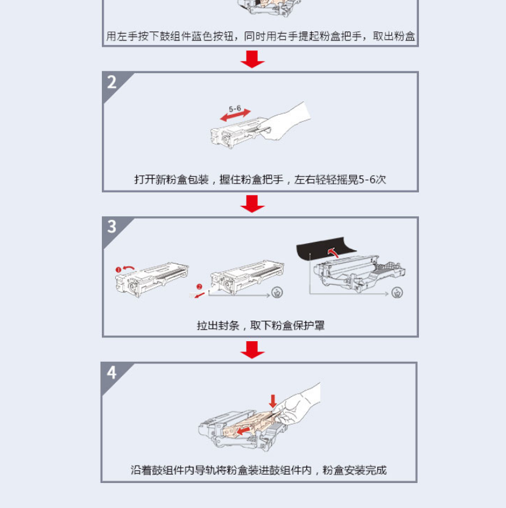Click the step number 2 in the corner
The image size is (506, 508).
pyautogui.click(x=111, y=82)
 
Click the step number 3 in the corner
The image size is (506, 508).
pyautogui.click(x=111, y=226)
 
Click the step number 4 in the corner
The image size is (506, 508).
pyautogui.click(x=111, y=373)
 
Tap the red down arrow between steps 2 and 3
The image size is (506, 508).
pyautogui.click(x=252, y=204)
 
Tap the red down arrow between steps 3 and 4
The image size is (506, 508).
pyautogui.click(x=252, y=350)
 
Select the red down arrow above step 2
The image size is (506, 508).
pyautogui.click(x=252, y=59)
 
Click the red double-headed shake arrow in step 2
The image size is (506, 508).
pyautogui.click(x=235, y=115)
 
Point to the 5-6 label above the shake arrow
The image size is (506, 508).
pyautogui.click(x=235, y=109)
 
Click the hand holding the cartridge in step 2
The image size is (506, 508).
pyautogui.click(x=286, y=121)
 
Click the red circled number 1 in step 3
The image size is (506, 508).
pyautogui.click(x=118, y=269)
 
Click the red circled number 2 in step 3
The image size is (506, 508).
pyautogui.click(x=199, y=287)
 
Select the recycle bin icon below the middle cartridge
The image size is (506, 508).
pyautogui.click(x=277, y=292)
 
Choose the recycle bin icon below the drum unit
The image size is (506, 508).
pyautogui.click(x=397, y=292)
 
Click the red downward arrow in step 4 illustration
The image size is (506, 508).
pyautogui.click(x=273, y=402)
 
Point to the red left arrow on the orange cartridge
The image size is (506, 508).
pyautogui.click(x=243, y=430)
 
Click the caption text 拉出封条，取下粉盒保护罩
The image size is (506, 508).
pyautogui.click(x=261, y=325)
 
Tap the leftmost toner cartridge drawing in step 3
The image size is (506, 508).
pyautogui.click(x=151, y=279)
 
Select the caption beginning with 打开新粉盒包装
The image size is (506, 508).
pyautogui.click(x=260, y=180)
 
